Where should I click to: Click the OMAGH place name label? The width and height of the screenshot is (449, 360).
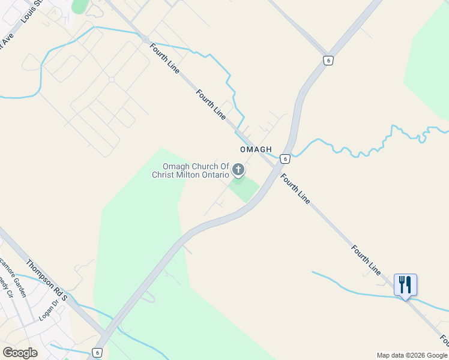pos(256,149)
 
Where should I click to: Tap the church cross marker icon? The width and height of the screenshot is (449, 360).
pos(238,170)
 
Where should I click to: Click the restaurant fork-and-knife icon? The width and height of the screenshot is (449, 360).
pos(405,284)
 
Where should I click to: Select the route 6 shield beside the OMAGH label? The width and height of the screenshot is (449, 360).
pos(285,159)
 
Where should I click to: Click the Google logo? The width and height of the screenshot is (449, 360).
pos(20,353)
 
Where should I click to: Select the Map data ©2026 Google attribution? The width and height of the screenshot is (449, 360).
pos(412,355)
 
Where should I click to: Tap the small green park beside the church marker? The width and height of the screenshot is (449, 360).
pos(244,188)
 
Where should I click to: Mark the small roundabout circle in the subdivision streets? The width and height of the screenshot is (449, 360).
pos(112,79)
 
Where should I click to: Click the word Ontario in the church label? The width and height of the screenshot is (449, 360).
pos(214,175)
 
